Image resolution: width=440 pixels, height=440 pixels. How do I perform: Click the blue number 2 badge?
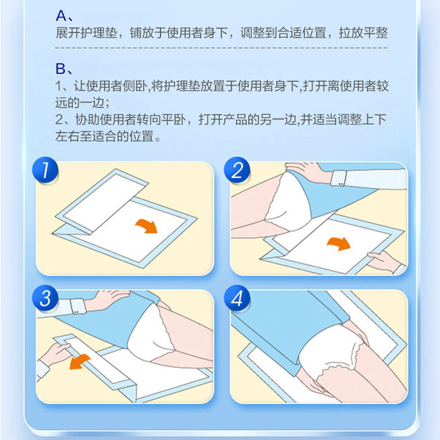238,170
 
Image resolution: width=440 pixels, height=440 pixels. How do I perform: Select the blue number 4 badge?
238,299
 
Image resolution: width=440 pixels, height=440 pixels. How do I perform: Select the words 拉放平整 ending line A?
363,33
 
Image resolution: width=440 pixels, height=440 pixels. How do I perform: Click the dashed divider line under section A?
220,50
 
